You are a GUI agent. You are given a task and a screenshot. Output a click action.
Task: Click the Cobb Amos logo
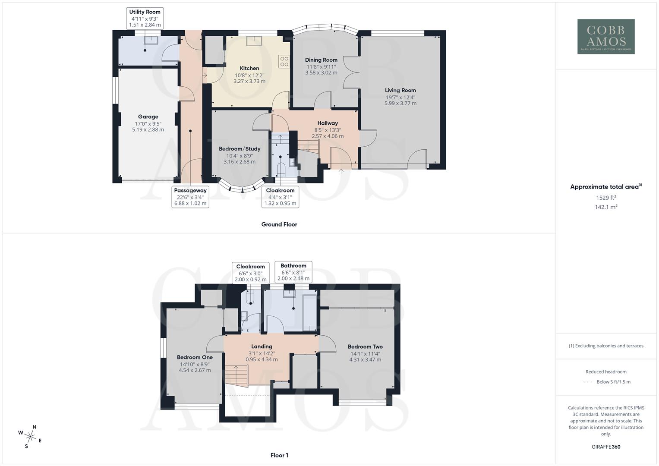tap(606, 36)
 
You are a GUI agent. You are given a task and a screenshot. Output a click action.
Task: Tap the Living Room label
tap(400, 91)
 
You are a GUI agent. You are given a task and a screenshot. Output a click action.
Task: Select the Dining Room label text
tap(321, 60)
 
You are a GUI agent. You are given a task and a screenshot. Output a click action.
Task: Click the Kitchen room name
tap(249, 68)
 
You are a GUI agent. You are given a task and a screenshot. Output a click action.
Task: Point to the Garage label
tap(148, 116)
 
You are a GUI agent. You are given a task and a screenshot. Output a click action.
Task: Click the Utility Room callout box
tap(145, 18)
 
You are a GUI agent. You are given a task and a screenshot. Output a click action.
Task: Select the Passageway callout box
tap(190, 197)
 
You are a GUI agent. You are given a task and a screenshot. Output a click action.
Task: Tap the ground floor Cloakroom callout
tap(280, 197)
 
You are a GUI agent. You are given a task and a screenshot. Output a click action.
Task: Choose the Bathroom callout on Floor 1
tap(293, 272)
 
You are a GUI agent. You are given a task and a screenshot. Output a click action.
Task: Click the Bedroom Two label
tap(365, 346)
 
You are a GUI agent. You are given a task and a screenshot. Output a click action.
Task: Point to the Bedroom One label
tap(195, 357)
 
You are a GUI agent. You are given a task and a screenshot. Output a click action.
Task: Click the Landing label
tap(262, 346)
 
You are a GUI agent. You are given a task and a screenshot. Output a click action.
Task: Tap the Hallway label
tap(328, 123)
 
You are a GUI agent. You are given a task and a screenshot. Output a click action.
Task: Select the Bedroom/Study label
tap(240, 149)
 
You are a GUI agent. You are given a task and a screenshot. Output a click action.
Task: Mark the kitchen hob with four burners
tap(284, 62)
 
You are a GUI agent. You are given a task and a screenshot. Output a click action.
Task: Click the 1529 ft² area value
tap(606, 198)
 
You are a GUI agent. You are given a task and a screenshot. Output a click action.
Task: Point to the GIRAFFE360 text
tap(606, 447)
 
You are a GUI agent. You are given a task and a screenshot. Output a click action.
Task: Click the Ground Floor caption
tap(279, 224)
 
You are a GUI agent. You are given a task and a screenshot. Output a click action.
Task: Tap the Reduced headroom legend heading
tap(606, 372)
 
